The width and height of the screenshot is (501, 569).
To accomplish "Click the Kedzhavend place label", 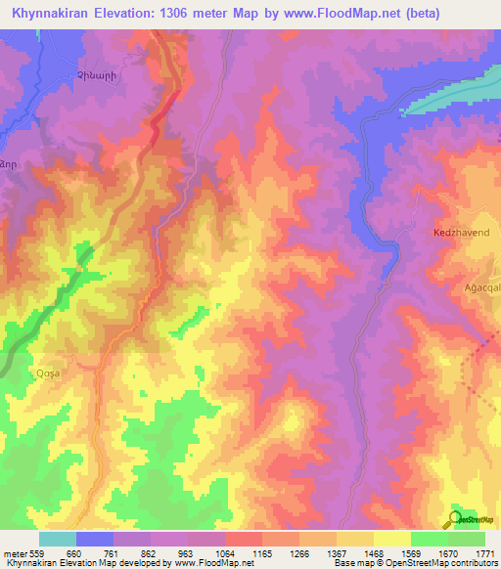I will [x=460, y=235].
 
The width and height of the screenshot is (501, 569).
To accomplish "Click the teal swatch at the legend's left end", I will [x=58, y=539].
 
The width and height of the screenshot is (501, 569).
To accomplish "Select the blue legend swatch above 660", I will [x=95, y=539].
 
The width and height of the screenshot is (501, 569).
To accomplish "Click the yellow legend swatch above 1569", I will [x=391, y=539].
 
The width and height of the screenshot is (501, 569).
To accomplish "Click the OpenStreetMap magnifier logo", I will [x=454, y=519].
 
